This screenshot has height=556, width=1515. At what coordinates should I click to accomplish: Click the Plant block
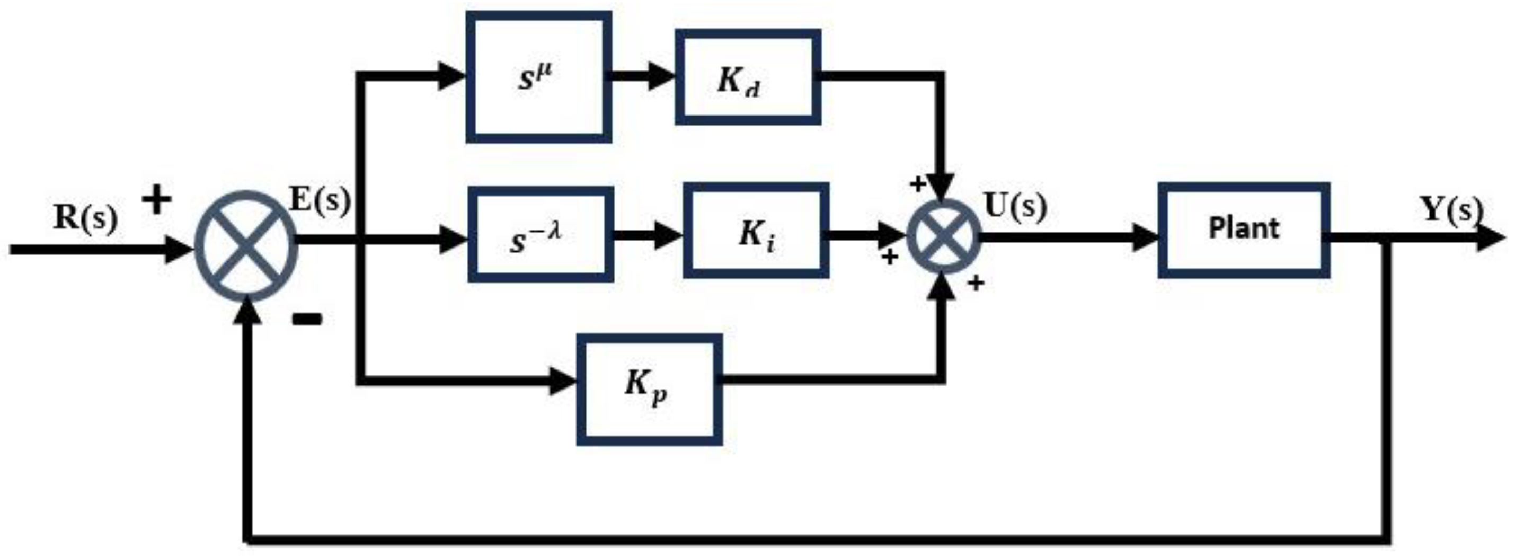[1243, 230]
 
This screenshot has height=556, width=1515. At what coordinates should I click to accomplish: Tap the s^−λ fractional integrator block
[541, 234]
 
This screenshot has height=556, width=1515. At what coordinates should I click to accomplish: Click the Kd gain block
[747, 77]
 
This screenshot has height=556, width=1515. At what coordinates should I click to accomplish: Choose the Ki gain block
[756, 230]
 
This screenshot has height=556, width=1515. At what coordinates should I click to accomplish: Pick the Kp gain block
[649, 390]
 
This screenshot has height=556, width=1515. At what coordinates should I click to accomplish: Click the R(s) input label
[85, 218]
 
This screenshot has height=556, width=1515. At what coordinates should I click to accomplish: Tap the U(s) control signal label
[1016, 207]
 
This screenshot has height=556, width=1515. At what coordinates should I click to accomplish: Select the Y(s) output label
[1451, 209]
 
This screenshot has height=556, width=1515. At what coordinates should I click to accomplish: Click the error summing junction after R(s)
[246, 246]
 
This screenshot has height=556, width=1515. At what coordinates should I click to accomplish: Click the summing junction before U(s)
[943, 236]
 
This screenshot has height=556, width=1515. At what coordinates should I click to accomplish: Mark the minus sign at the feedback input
[307, 320]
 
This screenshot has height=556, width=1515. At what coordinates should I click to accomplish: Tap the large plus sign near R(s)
[156, 200]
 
